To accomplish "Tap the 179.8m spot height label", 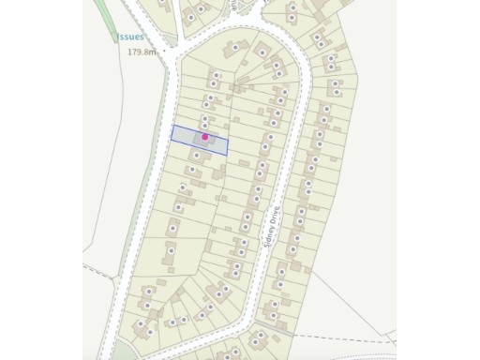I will [145, 52].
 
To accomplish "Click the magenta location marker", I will [205, 137].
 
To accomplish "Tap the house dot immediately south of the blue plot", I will [198, 153].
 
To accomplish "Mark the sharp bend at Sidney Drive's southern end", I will [253, 319].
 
